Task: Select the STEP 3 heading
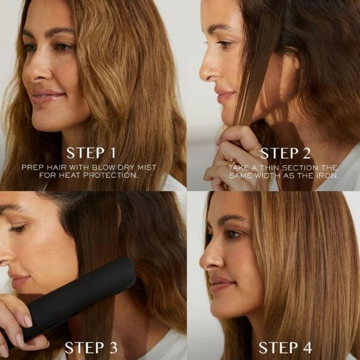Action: pos(91,346)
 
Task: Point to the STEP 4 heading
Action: pos(287,346)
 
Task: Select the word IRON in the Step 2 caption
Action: pos(324,176)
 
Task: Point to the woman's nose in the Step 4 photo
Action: pos(207,256)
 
